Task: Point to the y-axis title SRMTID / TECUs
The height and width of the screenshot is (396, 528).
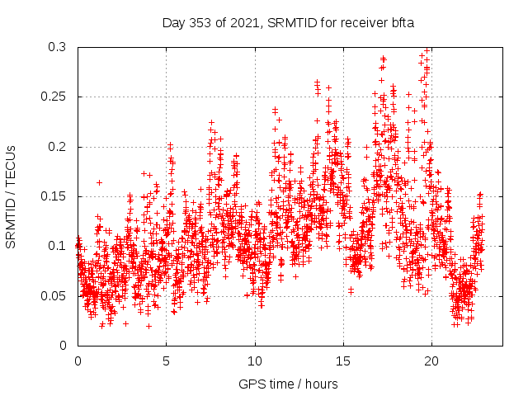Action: (11, 196)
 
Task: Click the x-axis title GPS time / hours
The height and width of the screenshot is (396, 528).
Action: (288, 384)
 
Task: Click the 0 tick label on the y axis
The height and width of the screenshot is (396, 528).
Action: (63, 345)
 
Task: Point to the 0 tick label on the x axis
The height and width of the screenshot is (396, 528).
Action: (78, 361)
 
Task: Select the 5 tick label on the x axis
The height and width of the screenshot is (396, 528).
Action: (166, 361)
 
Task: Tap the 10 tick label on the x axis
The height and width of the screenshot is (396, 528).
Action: (255, 361)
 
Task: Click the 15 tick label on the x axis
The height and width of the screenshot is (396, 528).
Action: (343, 361)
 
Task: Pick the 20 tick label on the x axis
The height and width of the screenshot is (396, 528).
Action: (431, 361)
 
